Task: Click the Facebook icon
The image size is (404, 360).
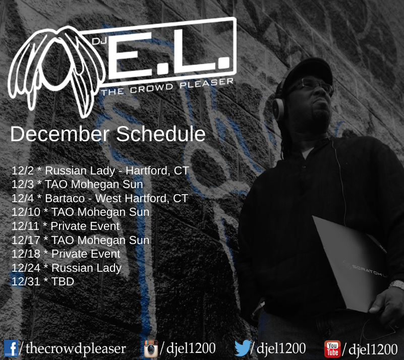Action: (x=11, y=348)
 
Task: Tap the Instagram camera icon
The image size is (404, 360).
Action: (x=151, y=349)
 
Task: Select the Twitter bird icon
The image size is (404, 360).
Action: (x=243, y=347)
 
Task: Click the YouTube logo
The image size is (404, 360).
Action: (x=332, y=349)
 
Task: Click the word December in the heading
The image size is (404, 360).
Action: (x=60, y=134)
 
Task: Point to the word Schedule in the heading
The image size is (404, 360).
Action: (x=161, y=134)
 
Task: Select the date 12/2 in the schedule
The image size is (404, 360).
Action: (x=22, y=171)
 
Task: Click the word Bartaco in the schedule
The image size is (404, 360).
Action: (x=65, y=198)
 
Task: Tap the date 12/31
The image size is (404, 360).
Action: (x=26, y=281)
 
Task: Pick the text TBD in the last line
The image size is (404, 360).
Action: (x=63, y=281)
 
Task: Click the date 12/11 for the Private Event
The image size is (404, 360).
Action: (x=25, y=226)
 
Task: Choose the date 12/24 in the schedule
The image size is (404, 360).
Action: (x=26, y=268)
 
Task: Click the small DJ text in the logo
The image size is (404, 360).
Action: (x=100, y=41)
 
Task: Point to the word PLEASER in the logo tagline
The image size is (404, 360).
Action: (x=207, y=83)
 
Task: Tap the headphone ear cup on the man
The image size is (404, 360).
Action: (x=278, y=109)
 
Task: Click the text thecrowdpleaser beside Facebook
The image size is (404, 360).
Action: (x=76, y=348)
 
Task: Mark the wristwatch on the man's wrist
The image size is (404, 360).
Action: (x=397, y=284)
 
